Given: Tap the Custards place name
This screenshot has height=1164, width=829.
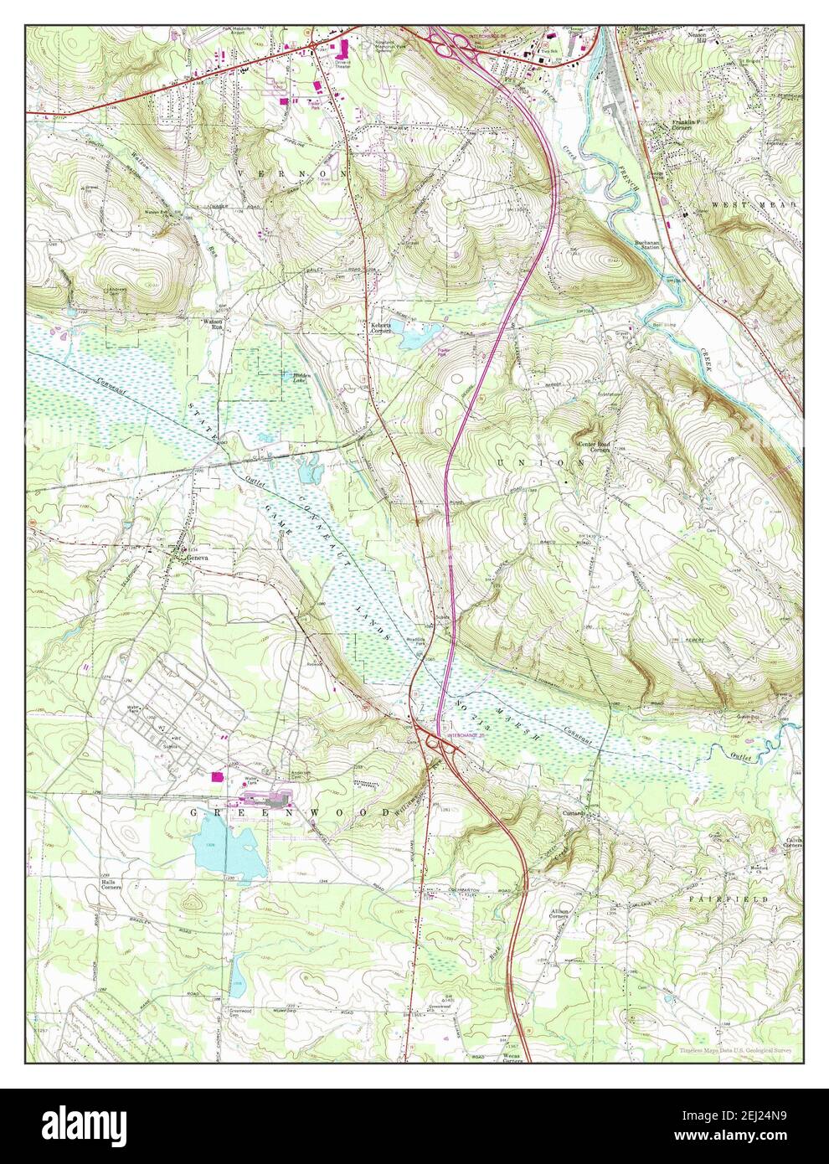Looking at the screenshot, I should pos(597,812).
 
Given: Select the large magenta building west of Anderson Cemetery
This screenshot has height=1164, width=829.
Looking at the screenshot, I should pos(219,776).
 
